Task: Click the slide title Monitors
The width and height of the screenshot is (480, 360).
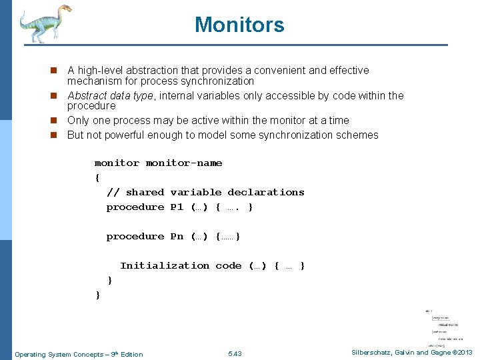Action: (x=239, y=25)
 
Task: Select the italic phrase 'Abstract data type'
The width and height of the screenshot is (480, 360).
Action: (x=111, y=95)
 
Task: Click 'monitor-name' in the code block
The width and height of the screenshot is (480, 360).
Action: (x=184, y=163)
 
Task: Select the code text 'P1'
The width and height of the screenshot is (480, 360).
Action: (x=177, y=207)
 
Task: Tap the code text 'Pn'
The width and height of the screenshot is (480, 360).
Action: (x=177, y=236)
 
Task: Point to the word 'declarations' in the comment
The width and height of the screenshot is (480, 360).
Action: (x=266, y=192)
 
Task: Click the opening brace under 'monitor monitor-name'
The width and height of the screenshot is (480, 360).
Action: (x=97, y=177)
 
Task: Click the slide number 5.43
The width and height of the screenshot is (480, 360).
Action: (x=235, y=353)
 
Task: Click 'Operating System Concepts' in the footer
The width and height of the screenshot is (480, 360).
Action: (x=57, y=354)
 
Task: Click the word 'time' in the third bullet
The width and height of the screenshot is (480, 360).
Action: (x=339, y=120)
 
